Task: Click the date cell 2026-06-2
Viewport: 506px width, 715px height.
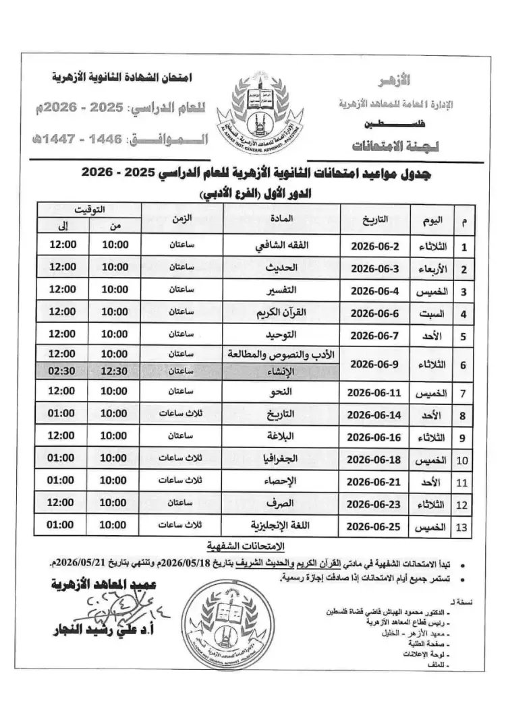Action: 376,246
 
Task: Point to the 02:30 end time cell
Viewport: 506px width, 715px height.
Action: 63,370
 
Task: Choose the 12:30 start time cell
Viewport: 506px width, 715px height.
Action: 115,370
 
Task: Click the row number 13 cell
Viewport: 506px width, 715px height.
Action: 462,526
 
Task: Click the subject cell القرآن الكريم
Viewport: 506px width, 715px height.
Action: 283,312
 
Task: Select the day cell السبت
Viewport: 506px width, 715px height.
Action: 435,313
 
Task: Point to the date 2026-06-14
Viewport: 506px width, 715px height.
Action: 376,414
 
